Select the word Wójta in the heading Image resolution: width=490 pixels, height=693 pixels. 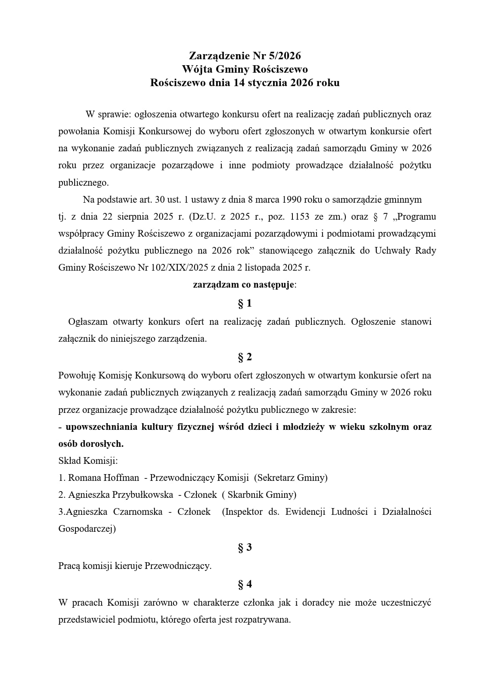click(x=197, y=69)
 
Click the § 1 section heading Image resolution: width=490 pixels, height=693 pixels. click(x=245, y=303)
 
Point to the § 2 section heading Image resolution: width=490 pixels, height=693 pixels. click(x=245, y=357)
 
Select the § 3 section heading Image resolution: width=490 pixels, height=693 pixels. click(x=245, y=547)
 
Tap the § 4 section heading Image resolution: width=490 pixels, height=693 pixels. click(x=245, y=584)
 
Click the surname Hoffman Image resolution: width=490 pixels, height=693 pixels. click(x=121, y=478)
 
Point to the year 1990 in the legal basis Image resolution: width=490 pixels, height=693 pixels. click(x=292, y=200)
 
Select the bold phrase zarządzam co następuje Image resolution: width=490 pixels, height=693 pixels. click(x=243, y=284)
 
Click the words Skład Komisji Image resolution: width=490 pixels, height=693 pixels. click(x=88, y=461)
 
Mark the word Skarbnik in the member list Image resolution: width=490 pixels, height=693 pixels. click(x=245, y=495)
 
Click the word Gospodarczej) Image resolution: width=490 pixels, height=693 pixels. click(x=87, y=529)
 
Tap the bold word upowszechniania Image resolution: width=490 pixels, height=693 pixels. click(x=102, y=427)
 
